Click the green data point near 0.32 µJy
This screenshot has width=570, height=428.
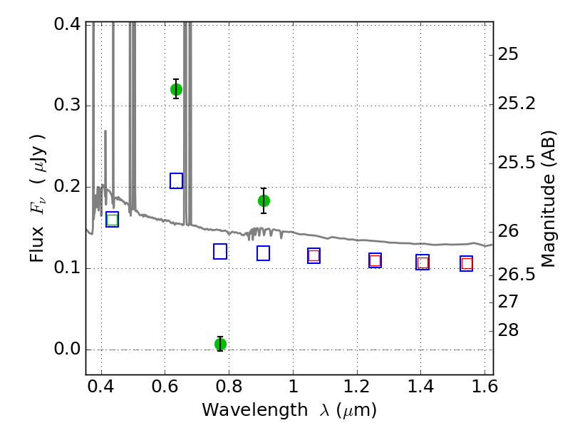point(176,89)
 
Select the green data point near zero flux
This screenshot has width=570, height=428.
point(220,344)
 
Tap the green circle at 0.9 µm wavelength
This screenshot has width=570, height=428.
point(264,200)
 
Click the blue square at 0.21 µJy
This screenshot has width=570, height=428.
point(176,181)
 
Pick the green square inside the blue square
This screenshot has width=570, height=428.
point(113,220)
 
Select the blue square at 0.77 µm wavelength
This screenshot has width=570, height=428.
point(220,252)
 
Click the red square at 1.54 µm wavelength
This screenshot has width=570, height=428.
point(467,263)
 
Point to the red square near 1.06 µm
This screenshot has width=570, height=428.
point(313,255)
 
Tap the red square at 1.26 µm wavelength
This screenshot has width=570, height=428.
point(375,260)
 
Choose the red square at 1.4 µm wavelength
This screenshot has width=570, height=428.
point(423,263)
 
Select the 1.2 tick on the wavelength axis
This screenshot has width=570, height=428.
point(357,387)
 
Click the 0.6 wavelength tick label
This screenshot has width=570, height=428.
point(165,387)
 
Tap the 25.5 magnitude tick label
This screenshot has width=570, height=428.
point(516,163)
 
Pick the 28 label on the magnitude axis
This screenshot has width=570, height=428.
point(508,330)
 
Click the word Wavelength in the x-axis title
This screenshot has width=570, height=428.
point(255,409)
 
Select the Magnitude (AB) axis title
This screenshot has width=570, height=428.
point(549,199)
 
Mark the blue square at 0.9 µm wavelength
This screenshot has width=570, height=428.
point(263,253)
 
